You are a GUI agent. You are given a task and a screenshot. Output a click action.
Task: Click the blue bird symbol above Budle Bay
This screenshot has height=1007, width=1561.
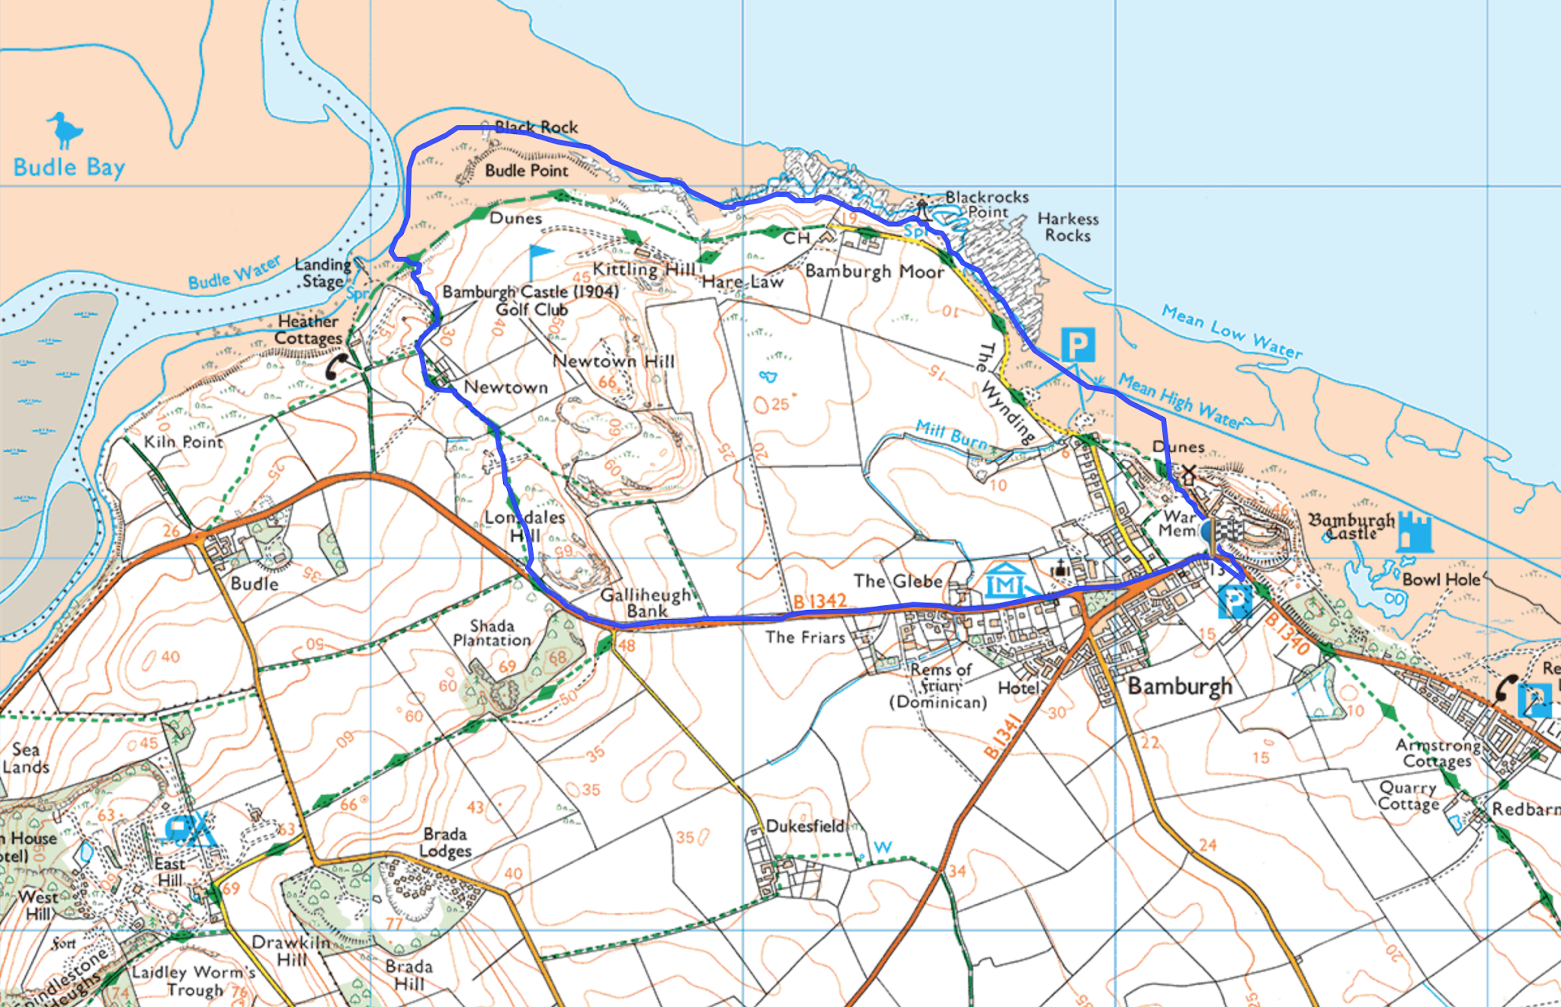tap(66, 130)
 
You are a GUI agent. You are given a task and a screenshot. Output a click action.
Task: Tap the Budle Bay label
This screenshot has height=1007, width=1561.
tap(69, 168)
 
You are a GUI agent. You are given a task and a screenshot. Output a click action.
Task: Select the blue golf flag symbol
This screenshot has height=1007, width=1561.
tap(540, 259)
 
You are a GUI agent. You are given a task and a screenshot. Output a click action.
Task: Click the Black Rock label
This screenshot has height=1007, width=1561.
tap(537, 127)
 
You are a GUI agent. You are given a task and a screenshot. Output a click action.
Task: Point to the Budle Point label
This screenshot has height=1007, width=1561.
tap(527, 171)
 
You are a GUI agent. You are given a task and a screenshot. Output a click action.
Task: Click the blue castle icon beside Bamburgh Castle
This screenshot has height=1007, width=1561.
tap(1415, 531)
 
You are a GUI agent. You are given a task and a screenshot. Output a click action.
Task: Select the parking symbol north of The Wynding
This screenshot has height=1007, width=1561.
tap(1078, 345)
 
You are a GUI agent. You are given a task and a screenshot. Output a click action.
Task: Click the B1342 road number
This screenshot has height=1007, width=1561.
tap(820, 601)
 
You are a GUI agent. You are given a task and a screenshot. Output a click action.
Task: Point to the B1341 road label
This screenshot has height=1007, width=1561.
tap(1002, 737)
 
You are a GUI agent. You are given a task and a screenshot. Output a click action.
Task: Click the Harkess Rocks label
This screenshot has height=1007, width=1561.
tap(1068, 227)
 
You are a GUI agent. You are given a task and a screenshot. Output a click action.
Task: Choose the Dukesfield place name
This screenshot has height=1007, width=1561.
tap(805, 826)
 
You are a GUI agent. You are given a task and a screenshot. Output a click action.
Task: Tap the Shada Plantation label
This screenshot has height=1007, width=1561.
tap(492, 633)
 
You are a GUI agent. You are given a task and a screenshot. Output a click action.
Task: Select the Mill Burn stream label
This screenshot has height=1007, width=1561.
tap(953, 435)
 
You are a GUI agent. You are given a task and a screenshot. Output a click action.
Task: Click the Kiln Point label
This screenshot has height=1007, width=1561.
tap(184, 442)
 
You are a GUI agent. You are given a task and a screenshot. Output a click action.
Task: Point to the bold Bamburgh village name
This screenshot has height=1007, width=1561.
tap(1179, 686)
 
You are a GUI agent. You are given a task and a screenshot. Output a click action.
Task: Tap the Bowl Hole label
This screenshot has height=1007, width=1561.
tap(1441, 579)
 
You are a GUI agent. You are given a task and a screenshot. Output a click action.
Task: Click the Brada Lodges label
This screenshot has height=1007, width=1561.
tap(446, 842)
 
